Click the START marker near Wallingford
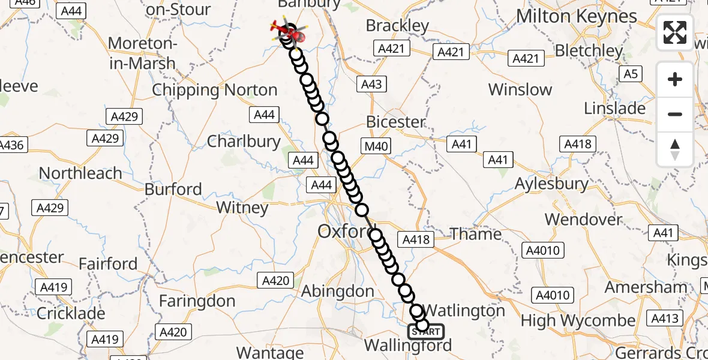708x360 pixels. click(426, 331)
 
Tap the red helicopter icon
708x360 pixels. click(289, 31)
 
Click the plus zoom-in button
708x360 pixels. click(675, 80)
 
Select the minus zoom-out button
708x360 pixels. click(675, 114)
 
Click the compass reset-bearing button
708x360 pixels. click(675, 149)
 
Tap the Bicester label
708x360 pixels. click(395, 122)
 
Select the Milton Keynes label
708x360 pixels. click(576, 16)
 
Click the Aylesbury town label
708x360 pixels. click(551, 184)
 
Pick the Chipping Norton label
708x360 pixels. click(214, 90)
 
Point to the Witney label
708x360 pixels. click(242, 208)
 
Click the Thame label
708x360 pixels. click(476, 234)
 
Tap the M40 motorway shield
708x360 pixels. click(376, 146)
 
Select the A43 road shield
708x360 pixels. click(371, 84)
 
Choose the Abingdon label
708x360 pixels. click(337, 292)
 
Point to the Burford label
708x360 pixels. click(173, 190)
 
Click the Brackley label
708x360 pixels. click(397, 26)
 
